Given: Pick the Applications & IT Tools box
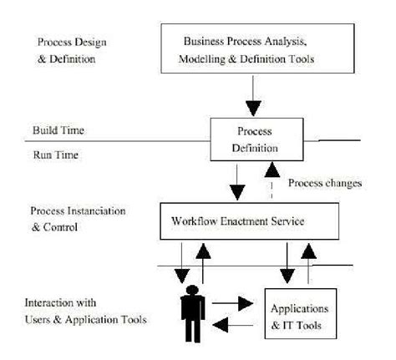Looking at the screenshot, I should click(297, 310).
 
